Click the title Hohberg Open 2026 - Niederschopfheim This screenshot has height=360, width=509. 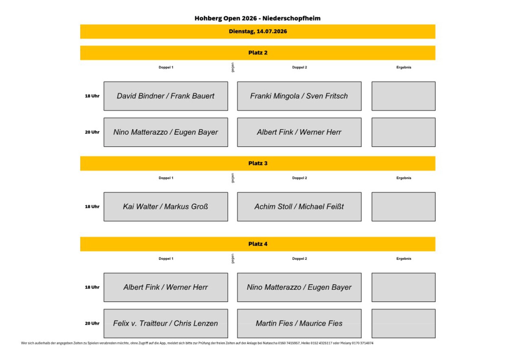pyautogui.click(x=257, y=18)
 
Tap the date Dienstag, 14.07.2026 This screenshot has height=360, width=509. pyautogui.click(x=258, y=31)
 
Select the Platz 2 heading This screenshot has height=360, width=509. pyautogui.click(x=258, y=53)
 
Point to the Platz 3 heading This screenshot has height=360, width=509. pyautogui.click(x=258, y=163)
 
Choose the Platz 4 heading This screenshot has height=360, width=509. pyautogui.click(x=258, y=244)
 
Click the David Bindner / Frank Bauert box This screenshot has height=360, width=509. pyautogui.click(x=166, y=96)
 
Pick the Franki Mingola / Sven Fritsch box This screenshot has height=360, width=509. pyautogui.click(x=299, y=96)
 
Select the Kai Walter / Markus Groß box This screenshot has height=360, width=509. pyautogui.click(x=166, y=206)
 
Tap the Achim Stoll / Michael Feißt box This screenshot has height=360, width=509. pyautogui.click(x=299, y=206)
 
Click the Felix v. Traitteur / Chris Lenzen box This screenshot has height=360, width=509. pyautogui.click(x=166, y=323)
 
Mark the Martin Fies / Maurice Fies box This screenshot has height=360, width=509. pyautogui.click(x=299, y=323)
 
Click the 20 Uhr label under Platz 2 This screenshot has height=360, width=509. pyautogui.click(x=92, y=132)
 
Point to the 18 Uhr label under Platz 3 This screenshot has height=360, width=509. pyautogui.click(x=92, y=206)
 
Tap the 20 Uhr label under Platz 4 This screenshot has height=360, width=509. pyautogui.click(x=92, y=323)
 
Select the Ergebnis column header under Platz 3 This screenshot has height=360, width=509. pyautogui.click(x=404, y=178)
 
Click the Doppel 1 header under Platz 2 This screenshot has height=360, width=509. pyautogui.click(x=166, y=67)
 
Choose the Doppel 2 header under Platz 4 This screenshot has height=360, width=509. pyautogui.click(x=299, y=259)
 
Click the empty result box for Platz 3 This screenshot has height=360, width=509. pyautogui.click(x=404, y=206)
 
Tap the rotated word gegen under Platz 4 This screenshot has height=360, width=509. pyautogui.click(x=233, y=259)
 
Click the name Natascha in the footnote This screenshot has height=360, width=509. pyautogui.click(x=270, y=343)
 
